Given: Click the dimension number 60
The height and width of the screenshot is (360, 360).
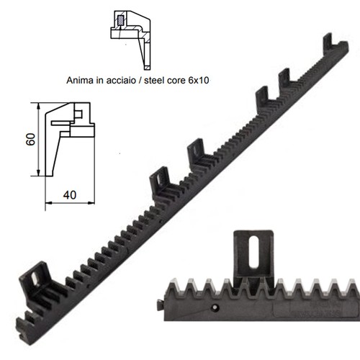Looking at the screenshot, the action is pyautogui.click(x=30, y=140).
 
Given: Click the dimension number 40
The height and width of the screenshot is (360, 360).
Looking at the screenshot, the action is pyautogui.click(x=70, y=195).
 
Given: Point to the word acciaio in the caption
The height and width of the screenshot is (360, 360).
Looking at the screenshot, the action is pyautogui.click(x=121, y=80).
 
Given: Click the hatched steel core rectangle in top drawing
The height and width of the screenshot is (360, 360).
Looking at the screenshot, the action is pyautogui.click(x=120, y=20).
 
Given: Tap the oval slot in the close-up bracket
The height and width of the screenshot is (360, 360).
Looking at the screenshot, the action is pyautogui.click(x=254, y=252).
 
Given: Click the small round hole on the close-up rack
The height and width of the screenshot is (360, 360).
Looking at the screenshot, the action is pyautogui.click(x=215, y=307).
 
